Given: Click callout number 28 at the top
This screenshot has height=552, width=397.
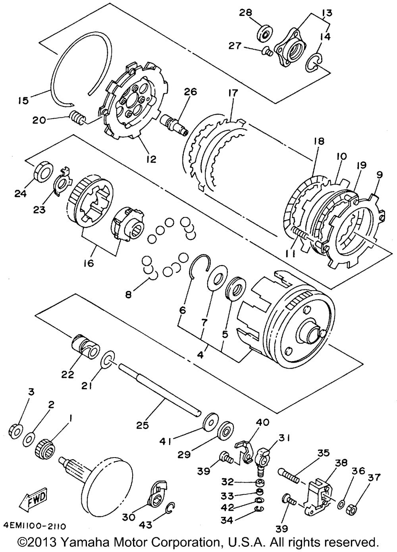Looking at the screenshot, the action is point(246,13).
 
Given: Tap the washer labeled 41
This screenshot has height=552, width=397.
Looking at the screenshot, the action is point(210,423).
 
